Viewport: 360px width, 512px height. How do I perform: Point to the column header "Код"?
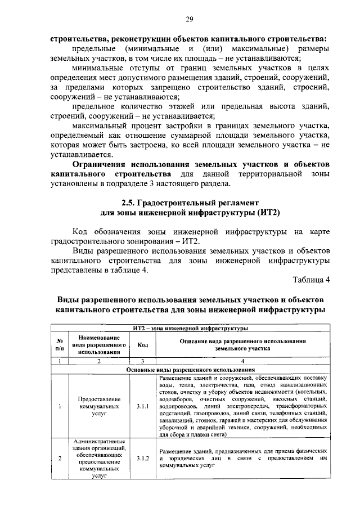click(142, 344)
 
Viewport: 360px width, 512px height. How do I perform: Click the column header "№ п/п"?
click(59, 344)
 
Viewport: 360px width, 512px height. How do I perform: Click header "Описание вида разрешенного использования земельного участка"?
click(242, 344)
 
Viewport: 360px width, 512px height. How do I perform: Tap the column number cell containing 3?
click(142, 361)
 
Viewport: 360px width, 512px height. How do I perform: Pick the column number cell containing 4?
click(242, 361)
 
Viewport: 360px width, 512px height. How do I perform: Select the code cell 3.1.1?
click(142, 405)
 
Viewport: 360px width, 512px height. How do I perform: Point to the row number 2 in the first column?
click(59, 459)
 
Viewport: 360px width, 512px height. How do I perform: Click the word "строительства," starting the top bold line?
click(79, 40)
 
